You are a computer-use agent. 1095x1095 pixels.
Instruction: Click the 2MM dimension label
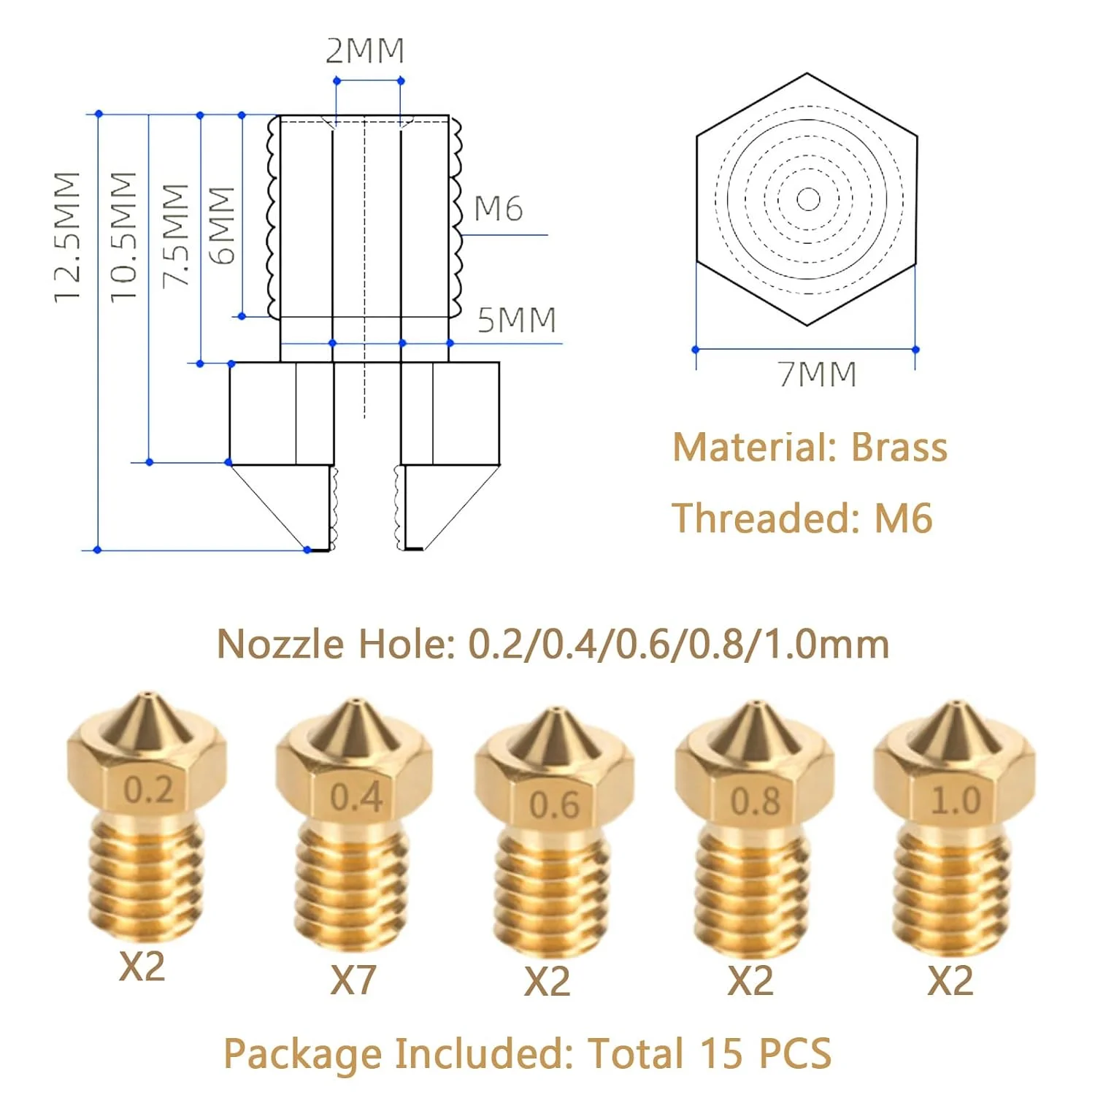[364, 51]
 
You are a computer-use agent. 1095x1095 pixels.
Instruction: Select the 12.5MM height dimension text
[67, 237]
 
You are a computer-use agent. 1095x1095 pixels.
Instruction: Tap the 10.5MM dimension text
[123, 237]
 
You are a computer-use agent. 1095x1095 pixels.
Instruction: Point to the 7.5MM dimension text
[175, 235]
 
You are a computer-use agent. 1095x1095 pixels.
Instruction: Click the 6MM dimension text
[222, 225]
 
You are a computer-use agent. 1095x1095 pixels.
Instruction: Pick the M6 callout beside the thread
[499, 210]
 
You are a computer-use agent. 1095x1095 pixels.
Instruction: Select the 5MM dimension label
[517, 320]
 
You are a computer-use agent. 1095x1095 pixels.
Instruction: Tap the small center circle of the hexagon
[807, 199]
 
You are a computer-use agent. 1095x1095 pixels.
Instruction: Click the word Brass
[899, 447]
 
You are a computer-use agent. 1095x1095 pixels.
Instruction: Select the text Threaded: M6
[802, 518]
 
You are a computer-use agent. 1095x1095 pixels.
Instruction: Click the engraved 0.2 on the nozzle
[148, 790]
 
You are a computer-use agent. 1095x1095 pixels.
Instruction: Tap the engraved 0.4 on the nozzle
[356, 796]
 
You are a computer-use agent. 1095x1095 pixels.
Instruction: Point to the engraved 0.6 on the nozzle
[555, 804]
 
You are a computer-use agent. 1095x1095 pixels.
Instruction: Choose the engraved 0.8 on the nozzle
[756, 802]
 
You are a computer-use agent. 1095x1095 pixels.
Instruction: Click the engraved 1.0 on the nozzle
[956, 801]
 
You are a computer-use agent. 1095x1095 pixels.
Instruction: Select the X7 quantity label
[353, 980]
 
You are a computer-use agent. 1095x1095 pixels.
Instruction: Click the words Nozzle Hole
[336, 645]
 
